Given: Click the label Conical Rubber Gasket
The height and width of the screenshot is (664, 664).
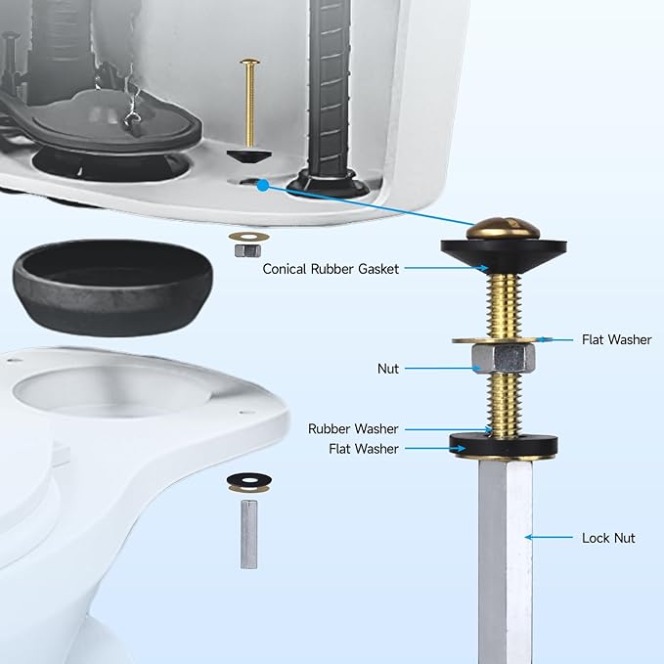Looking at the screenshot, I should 330,269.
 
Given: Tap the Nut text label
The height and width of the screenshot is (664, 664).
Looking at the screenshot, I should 388,369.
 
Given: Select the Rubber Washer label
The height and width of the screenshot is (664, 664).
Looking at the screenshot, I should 353,428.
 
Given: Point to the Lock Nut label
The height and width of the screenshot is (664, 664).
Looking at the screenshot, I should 608,538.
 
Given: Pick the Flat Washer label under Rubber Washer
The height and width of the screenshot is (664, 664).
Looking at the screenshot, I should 364,449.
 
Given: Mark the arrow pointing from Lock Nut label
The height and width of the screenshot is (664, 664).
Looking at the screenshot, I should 550,537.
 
